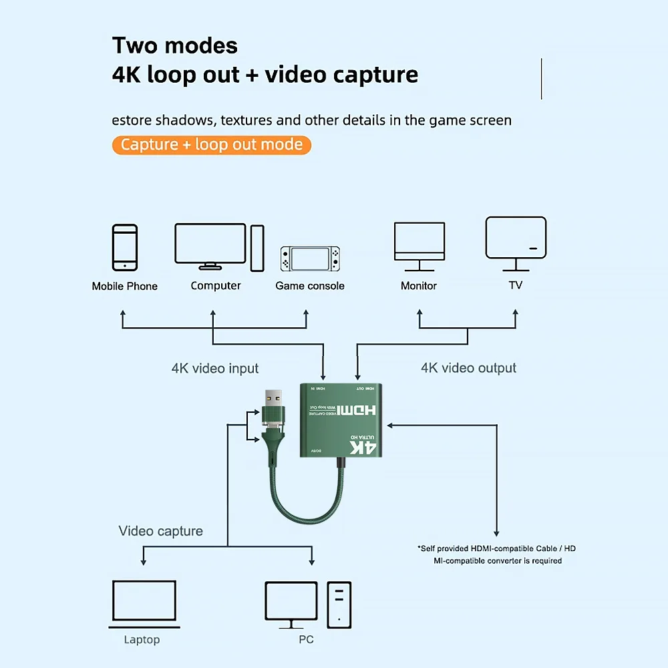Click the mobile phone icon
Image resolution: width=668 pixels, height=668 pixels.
(x=125, y=247)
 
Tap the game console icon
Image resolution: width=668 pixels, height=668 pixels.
(x=310, y=260)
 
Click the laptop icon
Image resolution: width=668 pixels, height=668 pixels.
(x=144, y=604)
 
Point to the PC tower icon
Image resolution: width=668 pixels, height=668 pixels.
(x=339, y=604)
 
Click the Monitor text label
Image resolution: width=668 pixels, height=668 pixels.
(x=419, y=286)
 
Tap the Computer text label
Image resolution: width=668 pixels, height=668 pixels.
(x=215, y=286)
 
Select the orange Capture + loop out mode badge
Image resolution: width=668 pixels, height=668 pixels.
(x=212, y=144)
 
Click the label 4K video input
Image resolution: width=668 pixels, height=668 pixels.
(x=215, y=368)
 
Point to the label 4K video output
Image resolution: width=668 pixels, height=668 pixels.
(x=468, y=368)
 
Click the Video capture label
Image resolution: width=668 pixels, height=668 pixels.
(x=160, y=531)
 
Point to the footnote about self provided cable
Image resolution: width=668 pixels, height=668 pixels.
(x=497, y=554)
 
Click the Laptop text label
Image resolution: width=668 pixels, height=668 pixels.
(x=142, y=640)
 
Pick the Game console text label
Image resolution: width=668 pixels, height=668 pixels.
(x=310, y=286)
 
